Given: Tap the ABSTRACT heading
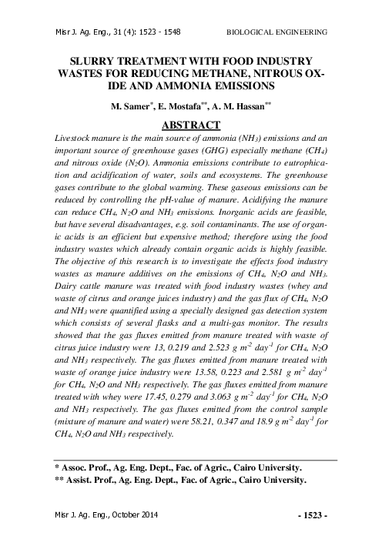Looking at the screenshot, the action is tap(191, 122).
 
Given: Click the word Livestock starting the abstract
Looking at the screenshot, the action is tap(79, 136).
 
